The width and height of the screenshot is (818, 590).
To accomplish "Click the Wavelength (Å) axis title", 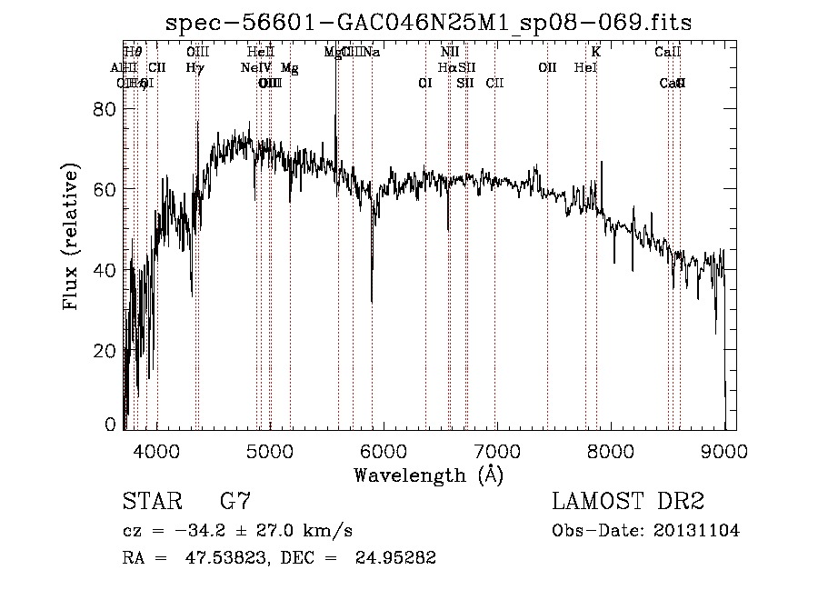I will [x=428, y=475].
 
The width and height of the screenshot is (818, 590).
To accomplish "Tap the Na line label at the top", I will [x=372, y=52].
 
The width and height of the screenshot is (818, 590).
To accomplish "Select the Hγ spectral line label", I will [x=195, y=67].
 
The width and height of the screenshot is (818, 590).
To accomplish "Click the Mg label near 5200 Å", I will [x=289, y=67].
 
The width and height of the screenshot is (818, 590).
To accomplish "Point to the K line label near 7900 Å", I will [x=596, y=52].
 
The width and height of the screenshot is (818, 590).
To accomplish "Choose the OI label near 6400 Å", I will [x=424, y=83].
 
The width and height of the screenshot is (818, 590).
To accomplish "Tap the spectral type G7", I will [x=235, y=502].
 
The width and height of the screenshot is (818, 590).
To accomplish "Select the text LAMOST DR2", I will [x=628, y=502].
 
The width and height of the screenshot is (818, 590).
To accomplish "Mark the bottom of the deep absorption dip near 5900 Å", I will [x=372, y=301].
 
